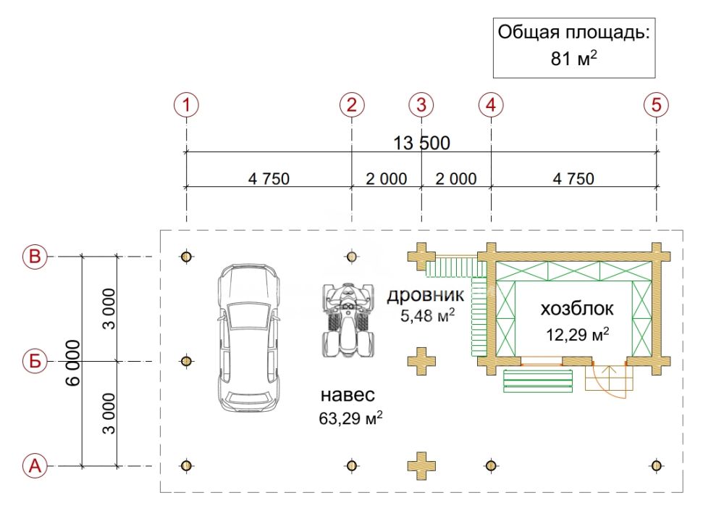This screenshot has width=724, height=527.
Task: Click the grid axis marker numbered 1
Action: point(187,105)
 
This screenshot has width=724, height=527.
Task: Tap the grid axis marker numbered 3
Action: point(421,105)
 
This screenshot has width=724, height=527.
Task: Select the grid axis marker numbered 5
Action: point(656,105)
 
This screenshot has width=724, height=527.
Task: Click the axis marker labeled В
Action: point(35,257)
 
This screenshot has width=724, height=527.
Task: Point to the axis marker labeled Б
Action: point(35,361)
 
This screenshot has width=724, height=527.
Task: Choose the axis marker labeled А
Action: point(35,465)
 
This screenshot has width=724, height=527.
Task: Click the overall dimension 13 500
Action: point(421,143)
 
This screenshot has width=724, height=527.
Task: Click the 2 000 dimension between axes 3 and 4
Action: point(456,178)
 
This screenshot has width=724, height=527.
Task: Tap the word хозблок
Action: point(577,309)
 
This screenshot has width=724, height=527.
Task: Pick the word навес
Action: point(348,396)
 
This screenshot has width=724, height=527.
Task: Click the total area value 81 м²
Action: point(573,59)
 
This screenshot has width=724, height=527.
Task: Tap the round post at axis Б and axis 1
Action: point(187,361)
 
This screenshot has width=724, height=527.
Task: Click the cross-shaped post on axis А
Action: point(421,465)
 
